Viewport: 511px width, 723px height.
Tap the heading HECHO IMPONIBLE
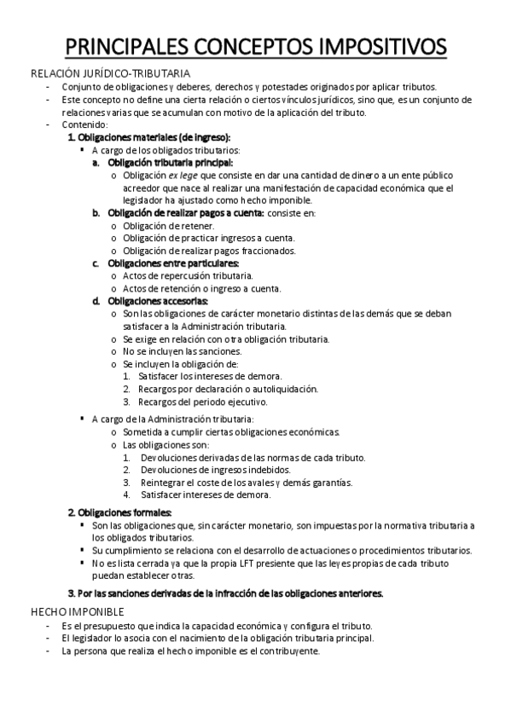[78, 612]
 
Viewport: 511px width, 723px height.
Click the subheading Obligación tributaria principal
[170, 162]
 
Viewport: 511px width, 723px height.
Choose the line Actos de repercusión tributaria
[188, 276]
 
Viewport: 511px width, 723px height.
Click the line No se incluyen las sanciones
[182, 351]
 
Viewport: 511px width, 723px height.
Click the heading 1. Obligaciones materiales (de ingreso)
[148, 137]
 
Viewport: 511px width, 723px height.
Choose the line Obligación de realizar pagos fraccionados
[209, 251]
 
